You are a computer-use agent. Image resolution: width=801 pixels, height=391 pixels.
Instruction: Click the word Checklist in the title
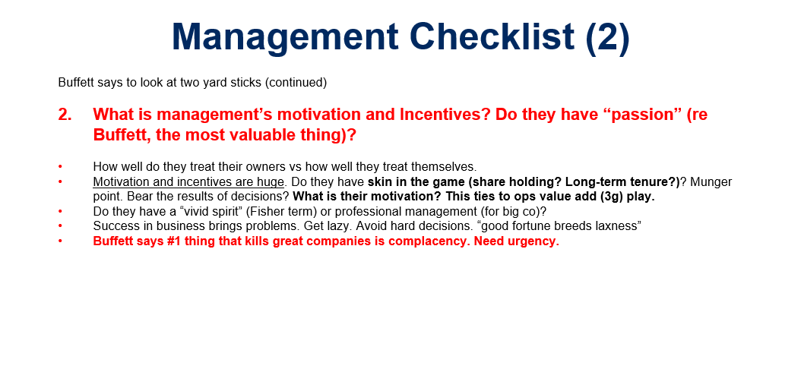point(492,36)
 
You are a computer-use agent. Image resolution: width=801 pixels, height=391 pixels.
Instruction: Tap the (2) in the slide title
point(608,38)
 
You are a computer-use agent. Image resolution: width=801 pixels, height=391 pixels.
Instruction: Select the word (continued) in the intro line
point(296,83)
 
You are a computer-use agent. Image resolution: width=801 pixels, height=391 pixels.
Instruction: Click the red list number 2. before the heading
point(65,115)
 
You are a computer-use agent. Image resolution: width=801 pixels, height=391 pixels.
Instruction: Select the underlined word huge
point(271,183)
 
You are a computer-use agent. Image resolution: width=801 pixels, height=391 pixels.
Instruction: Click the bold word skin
point(378,182)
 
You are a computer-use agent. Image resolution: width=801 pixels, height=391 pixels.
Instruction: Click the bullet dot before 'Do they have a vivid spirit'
point(60,211)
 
